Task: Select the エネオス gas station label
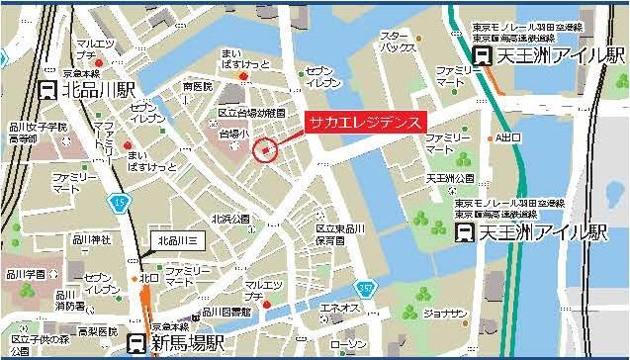tap(339, 309)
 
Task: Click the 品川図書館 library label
tap(227, 311)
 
